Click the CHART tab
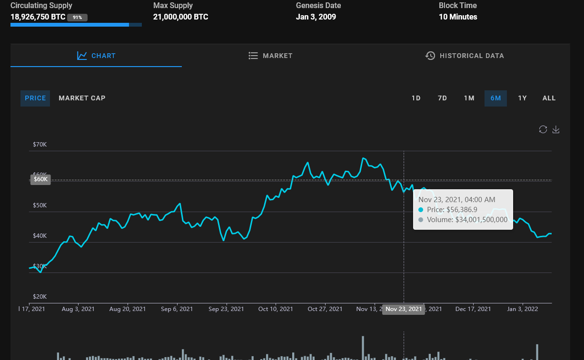click(x=96, y=56)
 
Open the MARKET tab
click(x=270, y=56)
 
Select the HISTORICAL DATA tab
click(x=465, y=56)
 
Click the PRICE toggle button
click(x=35, y=98)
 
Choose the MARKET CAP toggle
click(x=82, y=98)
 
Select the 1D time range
click(x=416, y=98)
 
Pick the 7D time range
click(x=442, y=98)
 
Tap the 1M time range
click(x=469, y=98)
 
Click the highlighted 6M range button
click(x=495, y=98)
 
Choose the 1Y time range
click(x=522, y=98)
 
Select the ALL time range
click(x=549, y=98)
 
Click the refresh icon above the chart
click(x=543, y=129)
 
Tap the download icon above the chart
click(x=555, y=129)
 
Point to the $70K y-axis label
click(x=40, y=144)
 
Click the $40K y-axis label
click(x=40, y=236)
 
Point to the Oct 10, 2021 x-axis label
click(x=276, y=309)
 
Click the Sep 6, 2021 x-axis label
click(x=177, y=309)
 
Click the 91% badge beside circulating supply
click(x=77, y=18)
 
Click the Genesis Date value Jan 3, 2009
click(x=316, y=17)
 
